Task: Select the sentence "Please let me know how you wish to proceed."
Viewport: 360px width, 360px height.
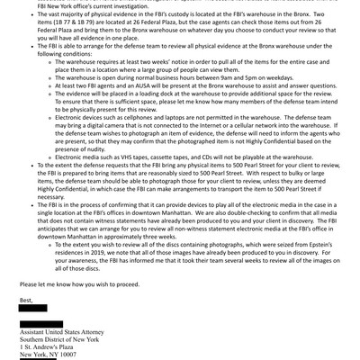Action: pyautogui.click(x=89, y=292)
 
